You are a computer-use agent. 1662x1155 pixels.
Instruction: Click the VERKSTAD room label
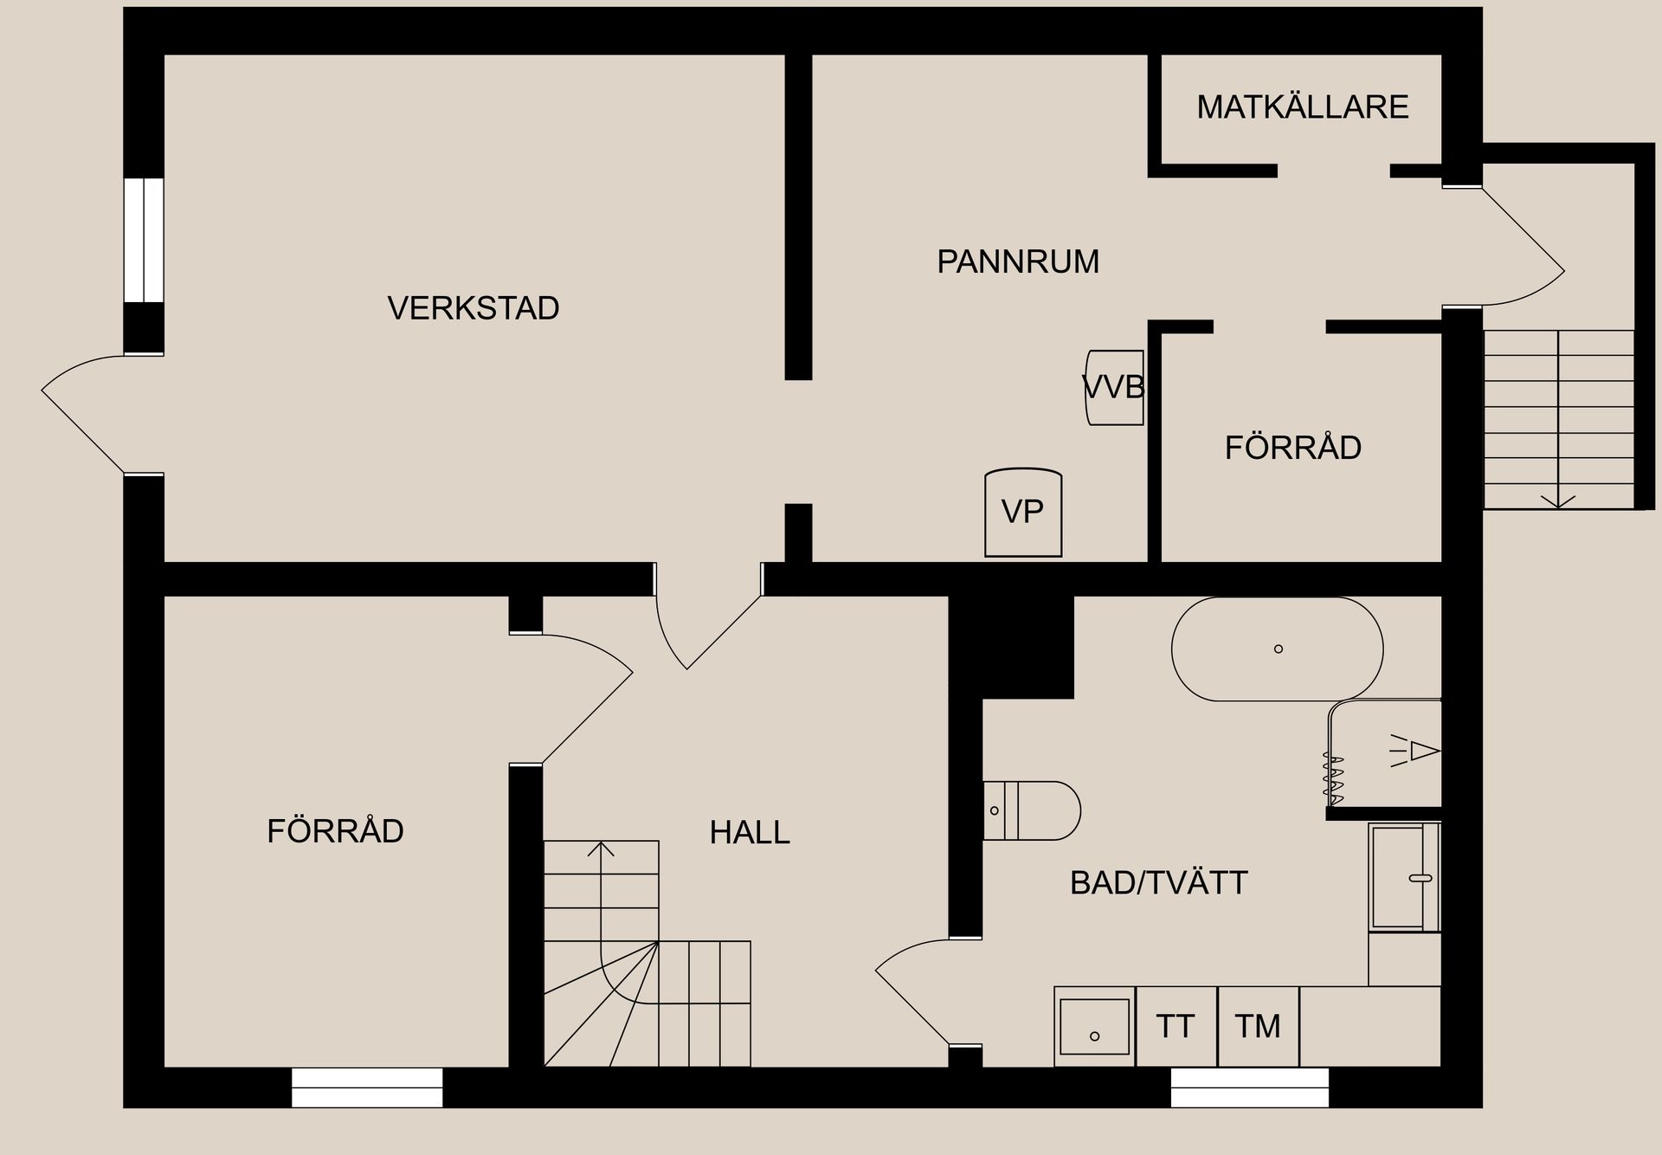(473, 308)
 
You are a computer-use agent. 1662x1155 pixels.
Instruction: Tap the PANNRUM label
(1017, 261)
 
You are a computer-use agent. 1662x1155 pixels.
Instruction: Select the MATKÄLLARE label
(1302, 107)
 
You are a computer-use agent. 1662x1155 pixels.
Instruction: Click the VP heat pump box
(1023, 512)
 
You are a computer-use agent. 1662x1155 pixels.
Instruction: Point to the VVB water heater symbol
(1115, 387)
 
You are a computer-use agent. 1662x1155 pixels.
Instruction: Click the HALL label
(750, 833)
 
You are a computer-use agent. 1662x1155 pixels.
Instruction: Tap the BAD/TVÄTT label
(1158, 883)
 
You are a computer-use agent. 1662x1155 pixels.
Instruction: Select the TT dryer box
(1176, 1027)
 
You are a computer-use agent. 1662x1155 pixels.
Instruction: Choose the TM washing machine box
(1257, 1027)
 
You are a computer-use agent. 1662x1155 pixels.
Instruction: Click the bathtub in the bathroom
(1277, 648)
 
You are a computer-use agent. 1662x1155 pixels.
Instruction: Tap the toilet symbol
(1033, 810)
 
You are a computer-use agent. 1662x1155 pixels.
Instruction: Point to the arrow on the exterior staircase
(1558, 500)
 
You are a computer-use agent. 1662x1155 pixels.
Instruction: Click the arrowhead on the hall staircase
(601, 849)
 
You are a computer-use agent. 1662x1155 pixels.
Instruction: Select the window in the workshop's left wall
(144, 240)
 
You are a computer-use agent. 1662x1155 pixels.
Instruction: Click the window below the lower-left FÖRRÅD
(367, 1087)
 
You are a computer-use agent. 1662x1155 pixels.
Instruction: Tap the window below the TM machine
(1249, 1087)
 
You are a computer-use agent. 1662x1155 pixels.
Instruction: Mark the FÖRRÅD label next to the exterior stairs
(1292, 448)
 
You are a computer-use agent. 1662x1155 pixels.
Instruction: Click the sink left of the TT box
(1094, 1027)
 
